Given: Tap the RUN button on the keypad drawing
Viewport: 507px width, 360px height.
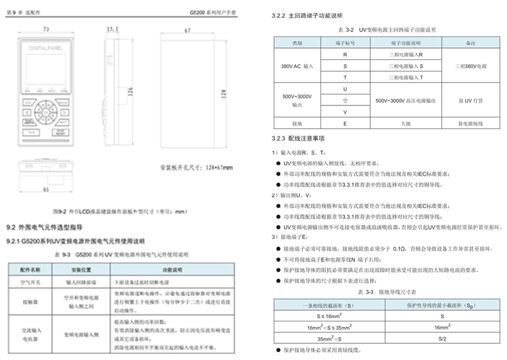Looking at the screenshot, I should click(x=30, y=132).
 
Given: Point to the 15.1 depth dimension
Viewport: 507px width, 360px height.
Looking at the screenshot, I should click(x=112, y=29).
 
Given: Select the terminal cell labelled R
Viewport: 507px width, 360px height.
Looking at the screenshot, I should click(x=345, y=55).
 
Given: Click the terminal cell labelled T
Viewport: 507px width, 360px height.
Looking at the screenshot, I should click(x=345, y=78).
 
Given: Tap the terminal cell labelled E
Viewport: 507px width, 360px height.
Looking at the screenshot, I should click(x=345, y=124).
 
